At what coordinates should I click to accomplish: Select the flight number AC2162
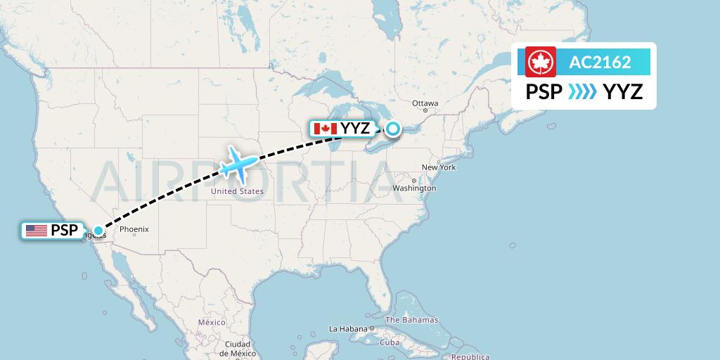tap(600, 62)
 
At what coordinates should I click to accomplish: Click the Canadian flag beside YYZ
tap(326, 129)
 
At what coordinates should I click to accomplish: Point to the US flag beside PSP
tap(35, 231)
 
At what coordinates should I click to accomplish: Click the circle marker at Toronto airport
tap(392, 129)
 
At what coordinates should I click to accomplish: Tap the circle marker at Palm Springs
tap(98, 231)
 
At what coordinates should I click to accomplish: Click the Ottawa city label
tap(425, 103)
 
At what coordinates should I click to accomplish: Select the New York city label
tap(439, 167)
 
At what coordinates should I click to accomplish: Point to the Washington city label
tap(414, 188)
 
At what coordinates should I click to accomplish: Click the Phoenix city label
tap(134, 229)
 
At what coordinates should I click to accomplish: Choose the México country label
tap(211, 321)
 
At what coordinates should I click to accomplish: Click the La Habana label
tap(349, 328)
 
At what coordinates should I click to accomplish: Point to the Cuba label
tap(389, 342)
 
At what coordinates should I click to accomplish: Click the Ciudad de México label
tap(236, 349)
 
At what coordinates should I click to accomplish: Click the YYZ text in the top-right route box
tap(623, 91)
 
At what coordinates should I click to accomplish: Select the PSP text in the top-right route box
tap(544, 91)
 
